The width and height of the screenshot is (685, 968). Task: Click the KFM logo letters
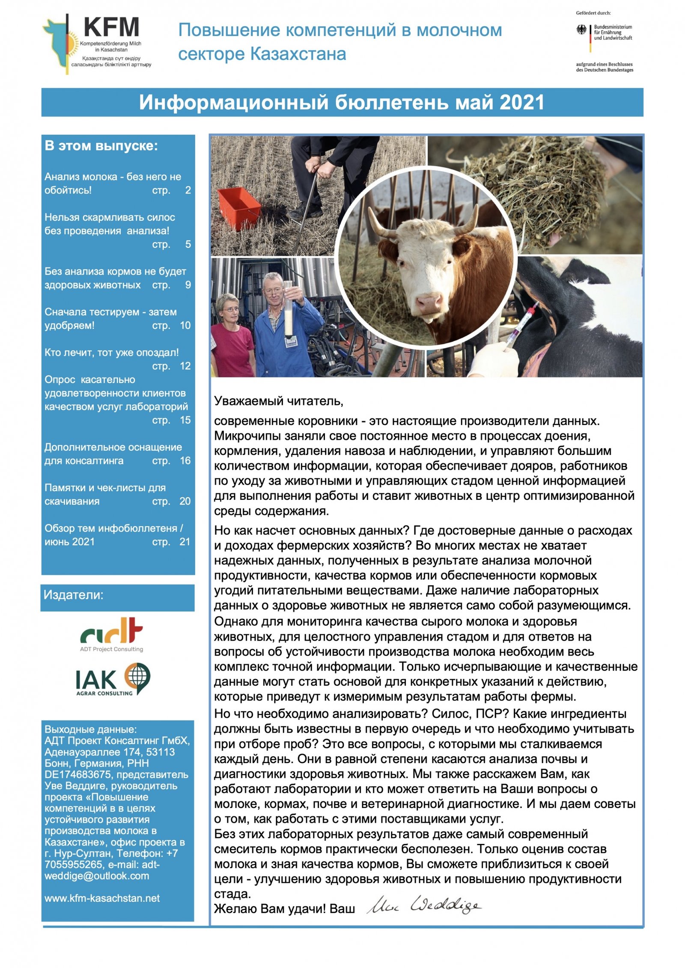click(x=111, y=27)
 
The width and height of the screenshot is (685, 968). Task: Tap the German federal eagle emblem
click(x=581, y=30)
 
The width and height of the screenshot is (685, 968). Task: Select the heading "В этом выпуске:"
click(x=101, y=146)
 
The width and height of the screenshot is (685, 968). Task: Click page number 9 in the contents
click(x=188, y=285)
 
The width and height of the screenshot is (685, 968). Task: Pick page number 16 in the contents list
click(x=185, y=461)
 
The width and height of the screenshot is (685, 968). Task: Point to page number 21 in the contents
click(x=185, y=542)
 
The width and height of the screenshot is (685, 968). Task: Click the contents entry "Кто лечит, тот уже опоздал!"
click(x=111, y=353)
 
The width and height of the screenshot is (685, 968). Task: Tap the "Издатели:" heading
click(x=73, y=595)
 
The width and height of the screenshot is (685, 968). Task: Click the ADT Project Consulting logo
click(x=111, y=634)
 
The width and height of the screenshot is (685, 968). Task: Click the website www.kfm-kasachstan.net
click(x=102, y=898)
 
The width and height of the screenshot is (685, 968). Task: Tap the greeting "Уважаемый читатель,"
click(x=278, y=401)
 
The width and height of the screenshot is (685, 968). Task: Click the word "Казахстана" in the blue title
click(x=298, y=54)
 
